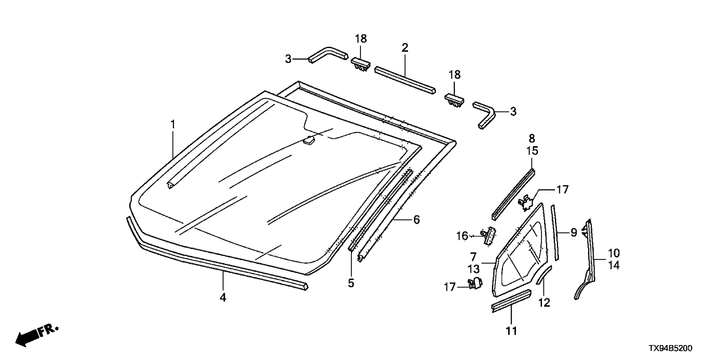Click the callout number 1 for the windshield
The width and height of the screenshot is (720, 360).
(173, 123)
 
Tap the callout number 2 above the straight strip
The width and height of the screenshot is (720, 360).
(405, 47)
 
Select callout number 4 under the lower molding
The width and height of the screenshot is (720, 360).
(223, 297)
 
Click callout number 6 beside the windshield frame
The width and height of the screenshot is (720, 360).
(416, 220)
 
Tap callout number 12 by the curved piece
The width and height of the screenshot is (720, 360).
(545, 302)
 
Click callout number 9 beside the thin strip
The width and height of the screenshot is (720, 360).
(574, 231)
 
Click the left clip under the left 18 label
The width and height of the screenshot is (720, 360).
(361, 64)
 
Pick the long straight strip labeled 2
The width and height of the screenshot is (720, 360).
(405, 79)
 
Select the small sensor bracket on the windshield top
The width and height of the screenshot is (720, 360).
(311, 138)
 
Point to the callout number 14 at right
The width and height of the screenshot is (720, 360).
(613, 264)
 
